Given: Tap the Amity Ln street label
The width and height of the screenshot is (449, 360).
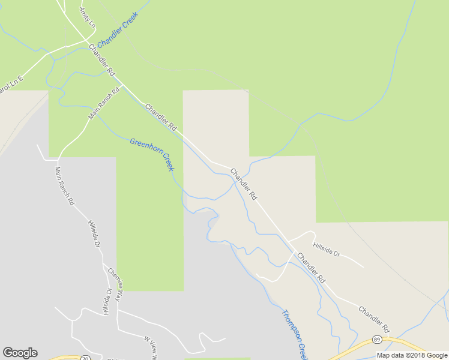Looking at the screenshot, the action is [x=88, y=19].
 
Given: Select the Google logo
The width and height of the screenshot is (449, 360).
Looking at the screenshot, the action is [x=20, y=353].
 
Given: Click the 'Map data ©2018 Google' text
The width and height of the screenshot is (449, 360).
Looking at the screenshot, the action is [x=412, y=355].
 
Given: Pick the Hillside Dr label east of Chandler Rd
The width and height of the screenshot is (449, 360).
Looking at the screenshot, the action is [x=326, y=249].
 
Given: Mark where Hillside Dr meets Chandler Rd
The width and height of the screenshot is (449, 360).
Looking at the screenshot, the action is [x=289, y=241].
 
